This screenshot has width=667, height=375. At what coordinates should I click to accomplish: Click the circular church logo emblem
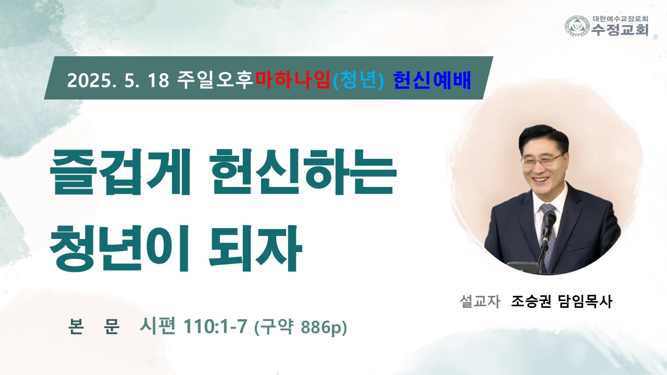578,26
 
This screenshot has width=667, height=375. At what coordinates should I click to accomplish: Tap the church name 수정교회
620,30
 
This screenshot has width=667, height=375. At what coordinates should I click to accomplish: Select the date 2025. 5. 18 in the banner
118,80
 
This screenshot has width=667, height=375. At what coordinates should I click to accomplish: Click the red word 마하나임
293,80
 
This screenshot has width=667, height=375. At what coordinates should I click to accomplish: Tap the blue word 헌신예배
432,80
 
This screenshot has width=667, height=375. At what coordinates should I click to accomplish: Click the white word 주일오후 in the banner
215,80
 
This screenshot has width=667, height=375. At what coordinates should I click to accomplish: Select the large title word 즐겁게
120,172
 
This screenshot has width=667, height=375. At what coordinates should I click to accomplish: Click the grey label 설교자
480,301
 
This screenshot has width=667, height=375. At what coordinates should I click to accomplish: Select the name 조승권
531,301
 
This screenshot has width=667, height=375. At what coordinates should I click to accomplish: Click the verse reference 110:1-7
215,326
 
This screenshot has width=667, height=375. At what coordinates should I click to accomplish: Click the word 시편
157,326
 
